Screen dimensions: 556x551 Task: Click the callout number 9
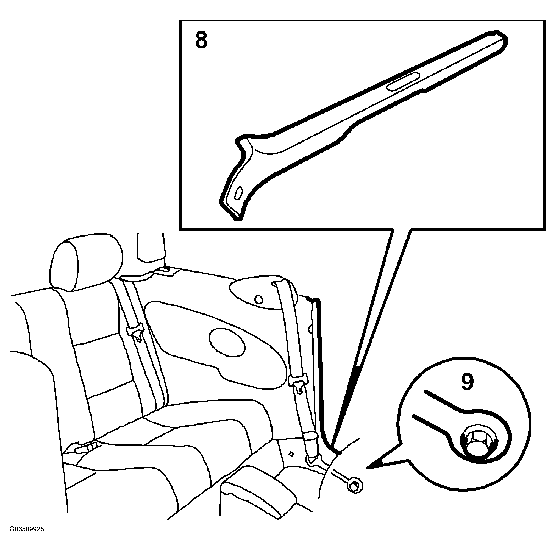coord(467,382)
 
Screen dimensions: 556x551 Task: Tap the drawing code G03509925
coord(27,537)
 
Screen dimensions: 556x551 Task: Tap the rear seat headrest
coord(86,262)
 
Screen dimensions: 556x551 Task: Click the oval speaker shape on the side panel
coord(227,342)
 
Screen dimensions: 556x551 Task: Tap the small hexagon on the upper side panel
coord(259,299)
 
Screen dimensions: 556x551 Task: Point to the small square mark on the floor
coord(292,454)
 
